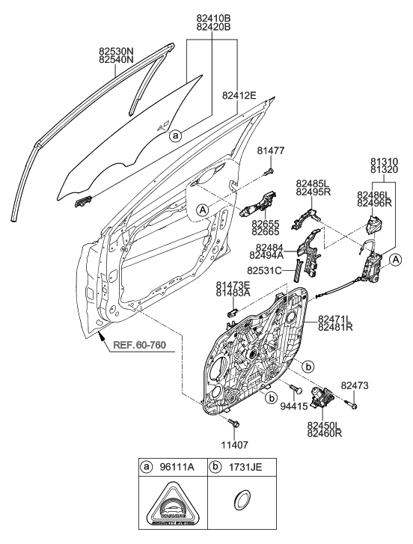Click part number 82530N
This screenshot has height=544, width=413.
point(115,52)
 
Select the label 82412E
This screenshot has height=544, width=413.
point(239,95)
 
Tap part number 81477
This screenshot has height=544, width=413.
point(271,151)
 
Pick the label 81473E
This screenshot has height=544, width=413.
point(233,284)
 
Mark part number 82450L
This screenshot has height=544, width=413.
point(323,424)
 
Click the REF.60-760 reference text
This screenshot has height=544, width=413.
point(139,346)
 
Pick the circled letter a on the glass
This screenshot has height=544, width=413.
point(175,136)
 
